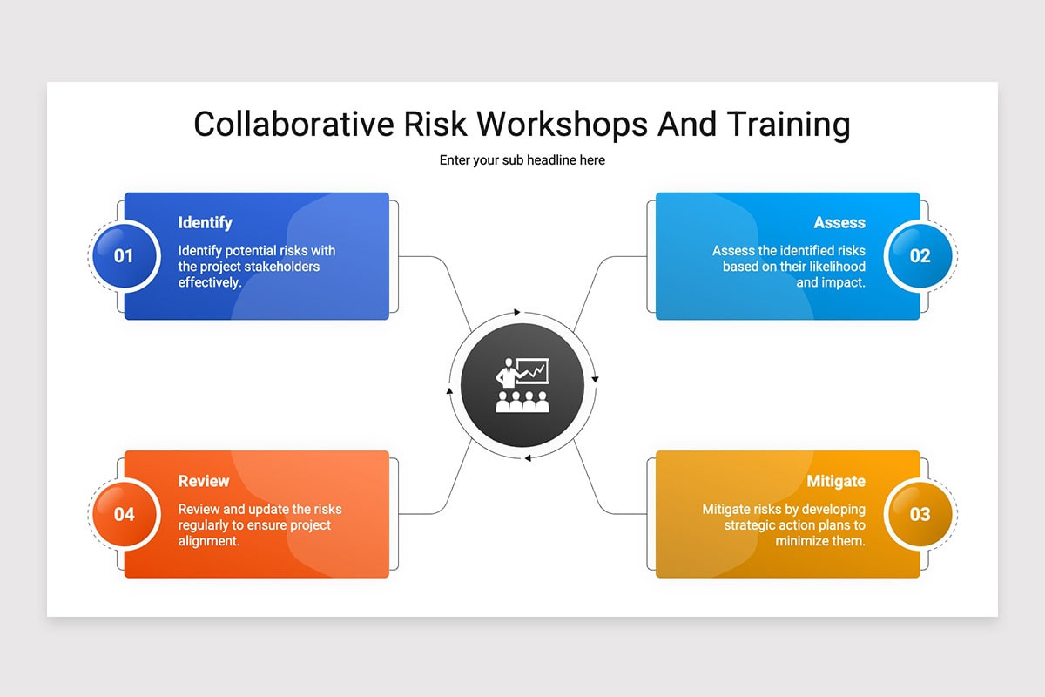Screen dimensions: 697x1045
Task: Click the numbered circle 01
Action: (125, 256)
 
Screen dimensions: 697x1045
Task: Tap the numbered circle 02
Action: (920, 256)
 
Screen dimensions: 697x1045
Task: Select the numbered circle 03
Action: (920, 514)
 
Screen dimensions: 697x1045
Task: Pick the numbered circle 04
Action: (125, 514)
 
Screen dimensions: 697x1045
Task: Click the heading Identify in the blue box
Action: (205, 223)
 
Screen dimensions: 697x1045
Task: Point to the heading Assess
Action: (839, 223)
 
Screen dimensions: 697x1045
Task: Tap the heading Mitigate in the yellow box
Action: (836, 481)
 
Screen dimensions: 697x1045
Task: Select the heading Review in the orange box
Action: (204, 481)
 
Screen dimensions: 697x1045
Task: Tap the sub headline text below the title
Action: (522, 160)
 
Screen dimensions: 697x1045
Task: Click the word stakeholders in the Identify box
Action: (278, 267)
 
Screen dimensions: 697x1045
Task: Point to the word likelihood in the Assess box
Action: (833, 267)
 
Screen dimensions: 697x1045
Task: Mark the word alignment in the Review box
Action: (209, 541)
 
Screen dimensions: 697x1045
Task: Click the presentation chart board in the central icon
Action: (532, 370)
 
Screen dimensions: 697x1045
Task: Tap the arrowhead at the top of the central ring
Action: (517, 311)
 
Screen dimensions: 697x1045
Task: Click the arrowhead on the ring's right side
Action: (596, 379)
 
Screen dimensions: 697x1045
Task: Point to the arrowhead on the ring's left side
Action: (449, 391)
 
